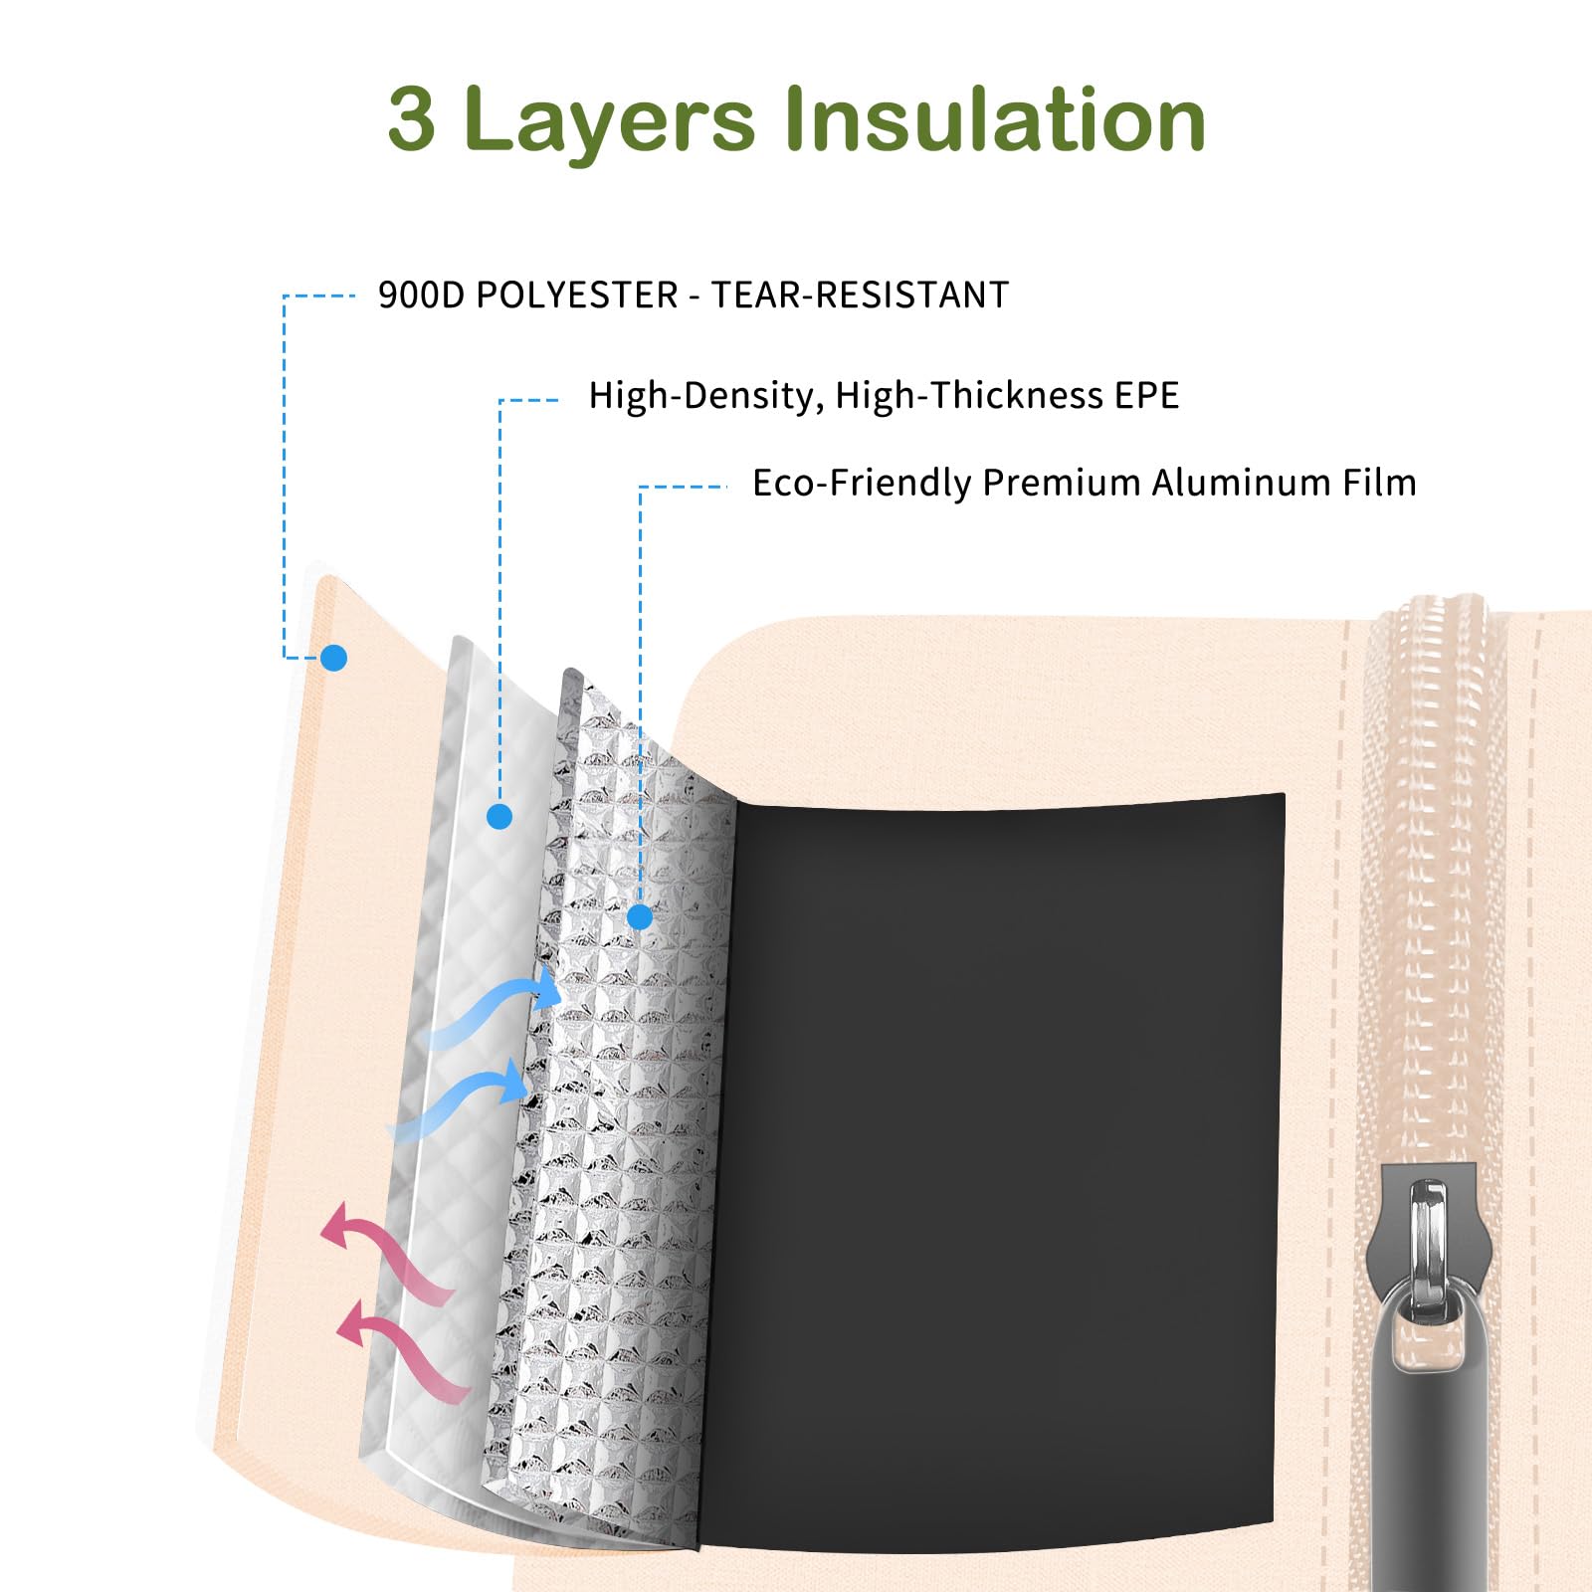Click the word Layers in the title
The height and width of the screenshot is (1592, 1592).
pyautogui.click(x=609, y=124)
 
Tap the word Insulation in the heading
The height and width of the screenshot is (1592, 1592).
pyautogui.click(x=994, y=118)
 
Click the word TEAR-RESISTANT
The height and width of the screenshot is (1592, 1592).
pyautogui.click(x=860, y=295)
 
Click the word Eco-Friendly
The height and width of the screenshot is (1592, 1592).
pyautogui.click(x=861, y=484)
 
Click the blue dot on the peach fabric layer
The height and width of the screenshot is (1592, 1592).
pyautogui.click(x=333, y=658)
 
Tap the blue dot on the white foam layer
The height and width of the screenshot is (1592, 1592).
pyautogui.click(x=499, y=817)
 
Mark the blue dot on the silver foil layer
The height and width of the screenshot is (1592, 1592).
pyautogui.click(x=640, y=916)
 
